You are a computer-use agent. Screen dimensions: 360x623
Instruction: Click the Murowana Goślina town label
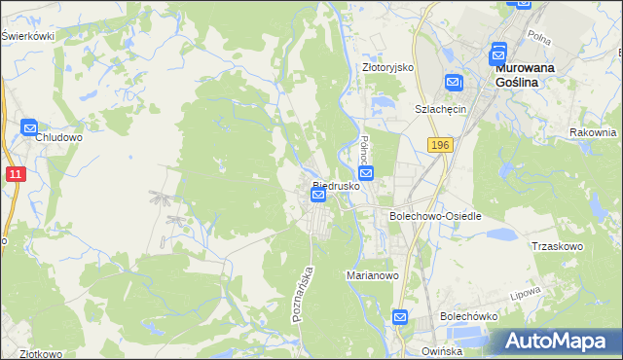click(x=531, y=76)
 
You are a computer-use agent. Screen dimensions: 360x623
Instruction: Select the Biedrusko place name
click(x=337, y=184)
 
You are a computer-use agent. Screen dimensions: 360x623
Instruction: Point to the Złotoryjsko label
click(x=388, y=67)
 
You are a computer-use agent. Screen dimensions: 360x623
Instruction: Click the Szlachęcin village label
click(x=442, y=109)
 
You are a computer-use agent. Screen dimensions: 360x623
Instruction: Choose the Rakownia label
click(x=594, y=132)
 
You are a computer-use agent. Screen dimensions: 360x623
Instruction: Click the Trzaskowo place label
click(x=557, y=246)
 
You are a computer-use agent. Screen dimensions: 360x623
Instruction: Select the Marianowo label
click(x=374, y=275)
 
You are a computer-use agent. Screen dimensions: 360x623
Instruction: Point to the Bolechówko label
click(x=468, y=316)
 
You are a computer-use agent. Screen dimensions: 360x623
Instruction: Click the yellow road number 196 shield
click(x=438, y=144)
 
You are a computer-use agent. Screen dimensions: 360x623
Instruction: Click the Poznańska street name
click(x=303, y=294)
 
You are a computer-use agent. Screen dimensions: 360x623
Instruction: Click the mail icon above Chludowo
click(x=29, y=126)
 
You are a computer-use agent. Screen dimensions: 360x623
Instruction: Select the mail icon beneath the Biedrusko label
click(x=318, y=197)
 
